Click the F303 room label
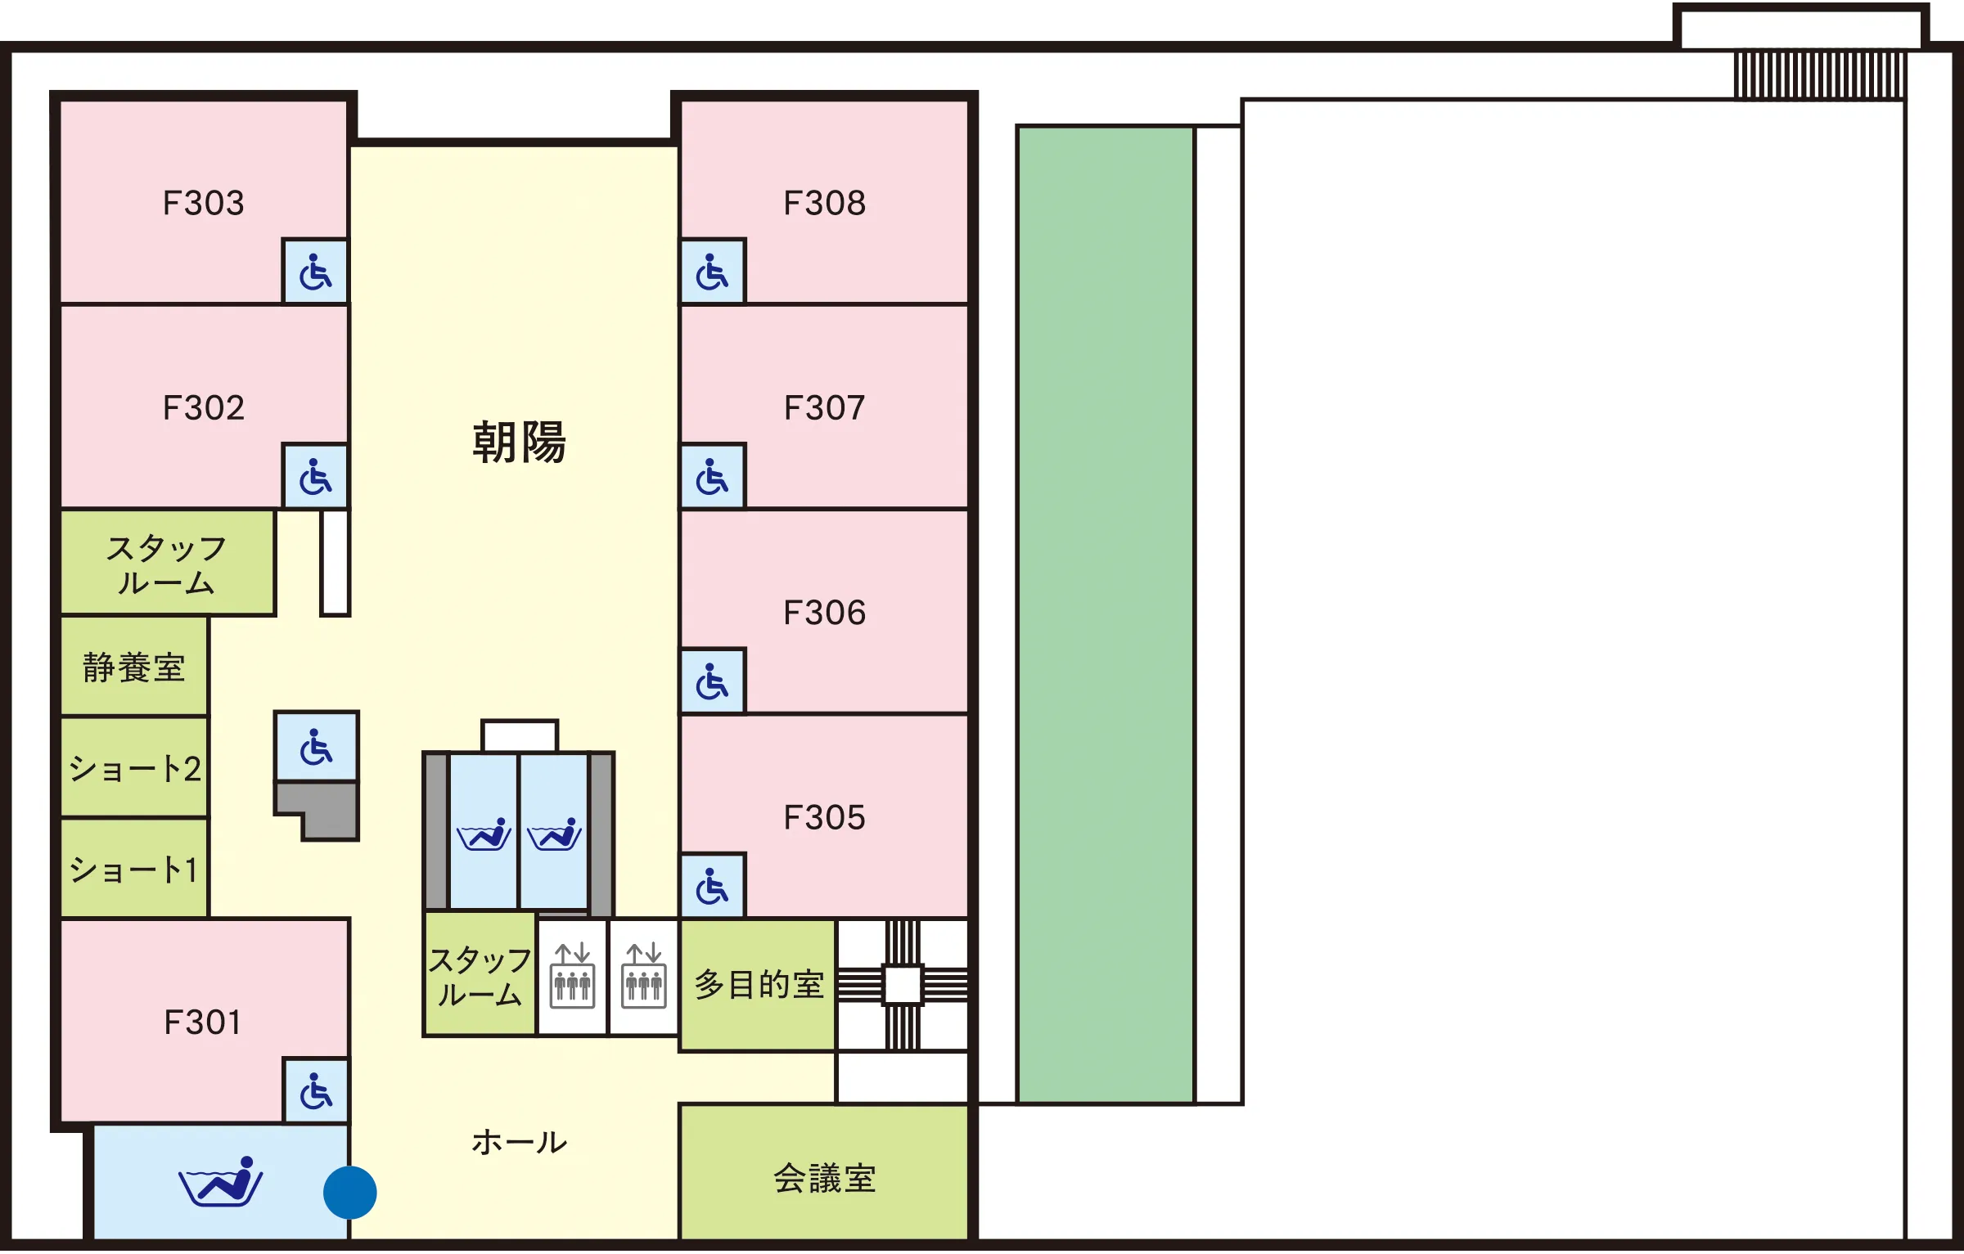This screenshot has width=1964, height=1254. [x=204, y=203]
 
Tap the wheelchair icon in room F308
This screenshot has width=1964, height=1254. [x=712, y=272]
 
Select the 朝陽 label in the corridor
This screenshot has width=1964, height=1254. [x=519, y=443]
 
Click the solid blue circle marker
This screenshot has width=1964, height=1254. [x=350, y=1193]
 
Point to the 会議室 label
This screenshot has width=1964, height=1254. [x=825, y=1179]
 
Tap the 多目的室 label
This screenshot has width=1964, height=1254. [x=759, y=984]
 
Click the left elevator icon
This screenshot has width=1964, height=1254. [x=573, y=976]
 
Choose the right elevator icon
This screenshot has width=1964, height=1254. [x=644, y=976]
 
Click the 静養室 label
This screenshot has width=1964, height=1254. [x=134, y=667]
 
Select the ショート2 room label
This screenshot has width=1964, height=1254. [x=135, y=769]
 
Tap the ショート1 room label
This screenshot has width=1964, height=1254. [x=134, y=870]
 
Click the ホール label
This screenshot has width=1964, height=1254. [x=519, y=1142]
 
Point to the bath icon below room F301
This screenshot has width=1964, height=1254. [x=221, y=1181]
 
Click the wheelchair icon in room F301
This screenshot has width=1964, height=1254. [x=316, y=1091]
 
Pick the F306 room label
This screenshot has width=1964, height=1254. [x=825, y=613]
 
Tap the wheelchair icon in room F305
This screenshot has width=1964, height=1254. [x=712, y=887]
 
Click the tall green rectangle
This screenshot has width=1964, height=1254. [x=1106, y=614]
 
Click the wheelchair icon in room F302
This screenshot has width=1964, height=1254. [x=316, y=478]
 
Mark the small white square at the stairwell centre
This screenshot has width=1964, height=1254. [x=903, y=984]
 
